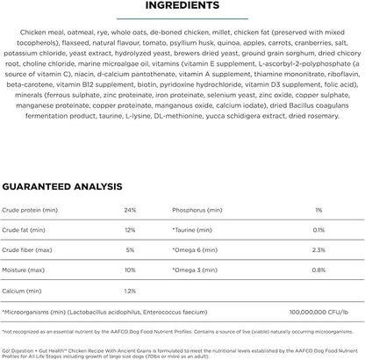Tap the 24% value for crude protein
click(x=130, y=210)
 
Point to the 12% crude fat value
click(x=130, y=229)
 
